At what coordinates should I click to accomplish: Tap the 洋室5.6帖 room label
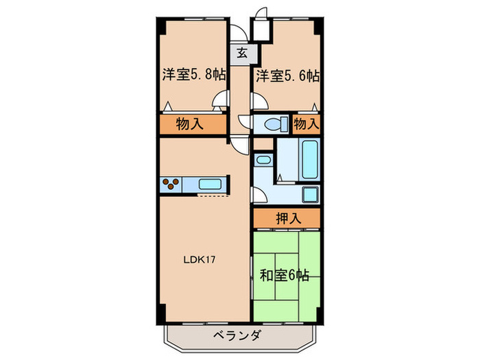tap(288, 75)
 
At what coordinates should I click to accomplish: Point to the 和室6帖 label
tap(285, 276)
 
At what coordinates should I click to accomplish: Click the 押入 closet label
tap(287, 219)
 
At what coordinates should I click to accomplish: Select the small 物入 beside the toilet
tap(307, 124)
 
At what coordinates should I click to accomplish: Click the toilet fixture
tap(274, 124)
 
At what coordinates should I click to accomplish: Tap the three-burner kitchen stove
tap(171, 184)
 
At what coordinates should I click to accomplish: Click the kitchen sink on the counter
tap(209, 184)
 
